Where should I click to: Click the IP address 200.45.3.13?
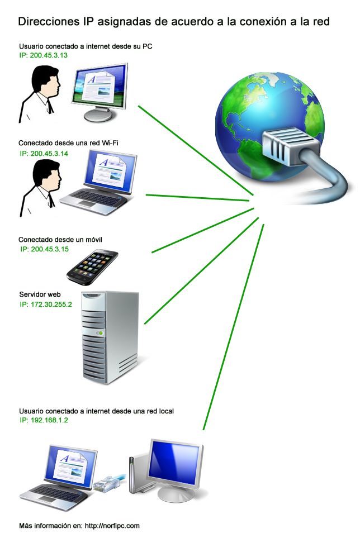44,56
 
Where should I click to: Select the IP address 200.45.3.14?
44,153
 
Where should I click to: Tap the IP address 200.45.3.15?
44,249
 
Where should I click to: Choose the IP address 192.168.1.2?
44,420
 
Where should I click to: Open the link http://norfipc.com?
111,525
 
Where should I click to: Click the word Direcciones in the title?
47,22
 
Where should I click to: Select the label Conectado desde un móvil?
60,239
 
